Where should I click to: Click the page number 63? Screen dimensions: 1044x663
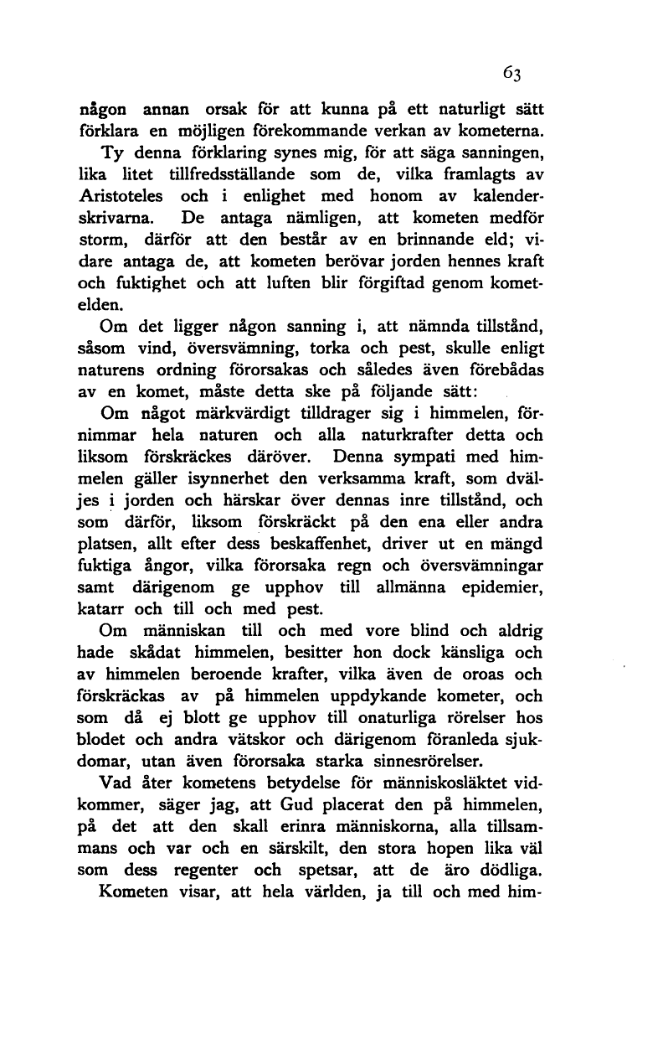[x=512, y=74]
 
